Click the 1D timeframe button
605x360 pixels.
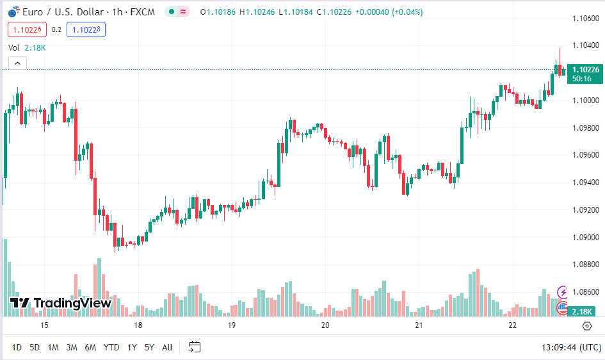pos(17,347)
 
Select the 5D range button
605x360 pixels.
pos(35,347)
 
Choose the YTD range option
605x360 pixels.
pos(111,347)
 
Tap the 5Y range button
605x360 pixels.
pos(149,347)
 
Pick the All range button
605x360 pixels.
pos(167,347)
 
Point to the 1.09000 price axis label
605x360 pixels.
pos(585,237)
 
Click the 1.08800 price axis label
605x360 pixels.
pos(585,265)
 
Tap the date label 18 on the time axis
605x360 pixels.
pos(138,325)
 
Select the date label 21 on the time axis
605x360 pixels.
pos(419,325)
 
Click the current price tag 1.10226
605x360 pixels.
pos(585,69)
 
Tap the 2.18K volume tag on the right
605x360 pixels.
pos(583,311)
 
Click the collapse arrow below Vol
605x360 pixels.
pos(17,63)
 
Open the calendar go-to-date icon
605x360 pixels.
pos(195,347)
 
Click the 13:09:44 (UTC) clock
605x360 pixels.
pos(571,347)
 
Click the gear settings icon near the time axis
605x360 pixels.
pos(587,326)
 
